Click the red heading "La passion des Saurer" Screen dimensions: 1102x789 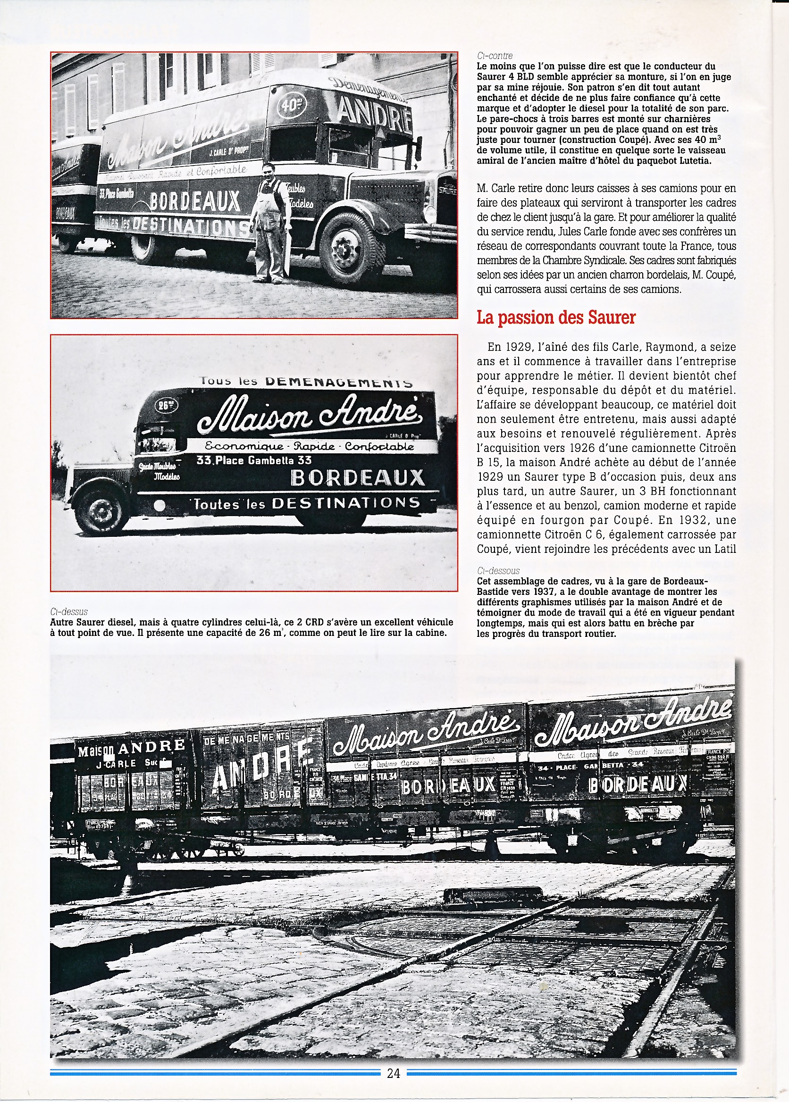(556, 317)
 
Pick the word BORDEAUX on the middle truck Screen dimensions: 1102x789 (358, 478)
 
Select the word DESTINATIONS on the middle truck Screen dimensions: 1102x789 (345, 503)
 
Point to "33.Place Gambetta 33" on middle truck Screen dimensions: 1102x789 (253, 460)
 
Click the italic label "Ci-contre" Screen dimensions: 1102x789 (495, 56)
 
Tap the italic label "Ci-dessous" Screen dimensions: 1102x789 (498, 571)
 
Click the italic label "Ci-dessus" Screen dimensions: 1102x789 (68, 611)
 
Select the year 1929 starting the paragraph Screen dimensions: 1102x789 (515, 347)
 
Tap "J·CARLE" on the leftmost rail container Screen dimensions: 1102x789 (116, 764)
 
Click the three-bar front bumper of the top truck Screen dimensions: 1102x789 (430, 231)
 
